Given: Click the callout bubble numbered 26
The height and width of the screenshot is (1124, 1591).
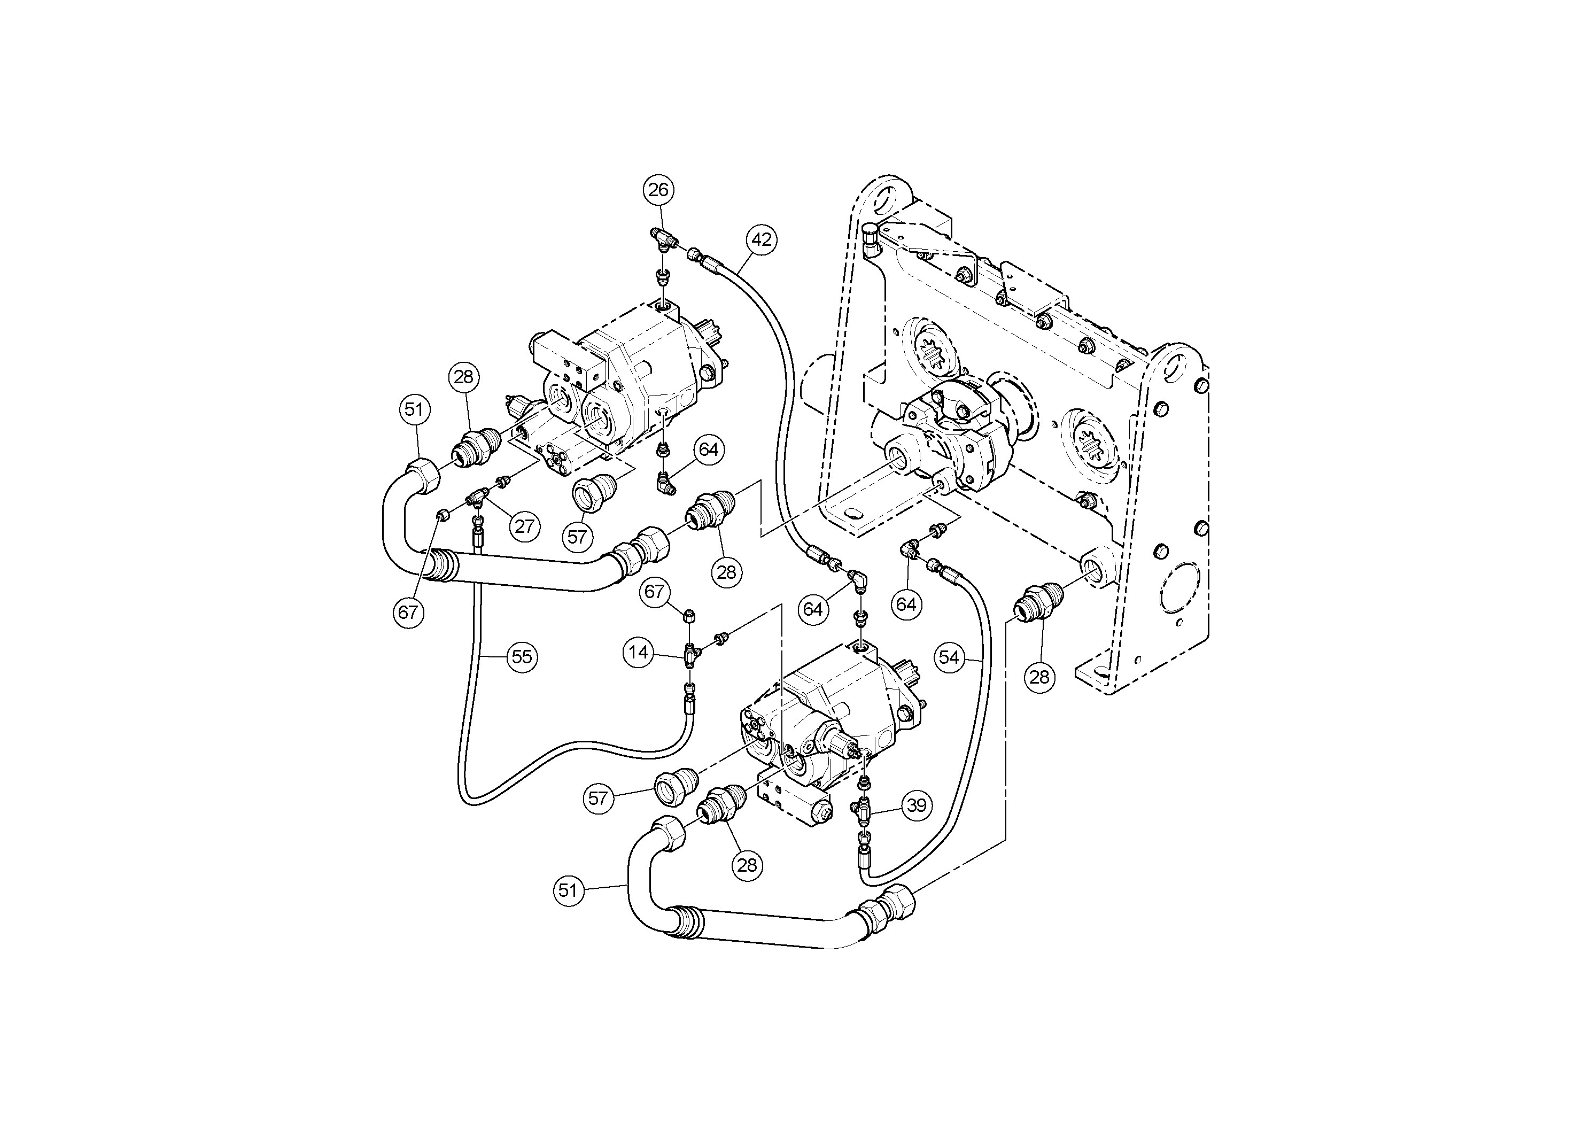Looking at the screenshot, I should coord(658,190).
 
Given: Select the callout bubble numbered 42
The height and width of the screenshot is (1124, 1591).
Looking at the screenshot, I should coord(762,240).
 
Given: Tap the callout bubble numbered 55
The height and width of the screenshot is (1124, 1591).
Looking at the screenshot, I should coord(521,656).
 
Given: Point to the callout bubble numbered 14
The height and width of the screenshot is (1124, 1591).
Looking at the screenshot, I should coord(638,652).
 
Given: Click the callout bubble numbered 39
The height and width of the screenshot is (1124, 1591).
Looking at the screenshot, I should coord(917,805).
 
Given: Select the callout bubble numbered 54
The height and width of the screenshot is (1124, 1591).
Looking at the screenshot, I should coord(949,657).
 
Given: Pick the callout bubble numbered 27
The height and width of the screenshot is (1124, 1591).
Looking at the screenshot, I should coord(525,526).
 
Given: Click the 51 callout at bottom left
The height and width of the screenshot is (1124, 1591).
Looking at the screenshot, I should coord(568,890).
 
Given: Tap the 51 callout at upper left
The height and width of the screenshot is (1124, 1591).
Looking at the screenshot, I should coord(414,409).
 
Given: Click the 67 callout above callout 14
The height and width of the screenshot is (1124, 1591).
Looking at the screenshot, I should coord(654,592).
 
